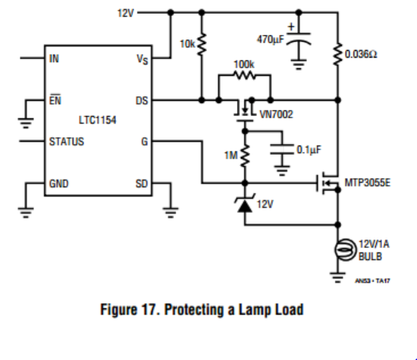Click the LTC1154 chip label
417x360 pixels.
tap(97, 121)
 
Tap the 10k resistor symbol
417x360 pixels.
tap(202, 45)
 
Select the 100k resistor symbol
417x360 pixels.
tap(244, 76)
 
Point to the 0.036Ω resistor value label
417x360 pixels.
tap(361, 55)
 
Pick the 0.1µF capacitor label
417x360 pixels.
tap(309, 150)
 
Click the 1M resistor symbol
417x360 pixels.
tap(245, 156)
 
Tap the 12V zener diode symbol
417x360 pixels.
tap(245, 204)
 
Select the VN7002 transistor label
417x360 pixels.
tap(276, 114)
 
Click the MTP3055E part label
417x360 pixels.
tap(368, 183)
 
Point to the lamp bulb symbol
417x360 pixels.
tap(345, 250)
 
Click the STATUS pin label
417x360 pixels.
tap(67, 142)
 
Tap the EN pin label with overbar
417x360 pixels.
tap(55, 100)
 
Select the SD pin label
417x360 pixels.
tap(142, 183)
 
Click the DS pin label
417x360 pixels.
tap(142, 101)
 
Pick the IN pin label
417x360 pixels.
tap(54, 58)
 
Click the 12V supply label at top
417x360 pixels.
tap(126, 13)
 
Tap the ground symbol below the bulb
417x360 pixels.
tap(337, 278)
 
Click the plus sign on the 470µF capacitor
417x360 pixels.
tap(291, 27)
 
